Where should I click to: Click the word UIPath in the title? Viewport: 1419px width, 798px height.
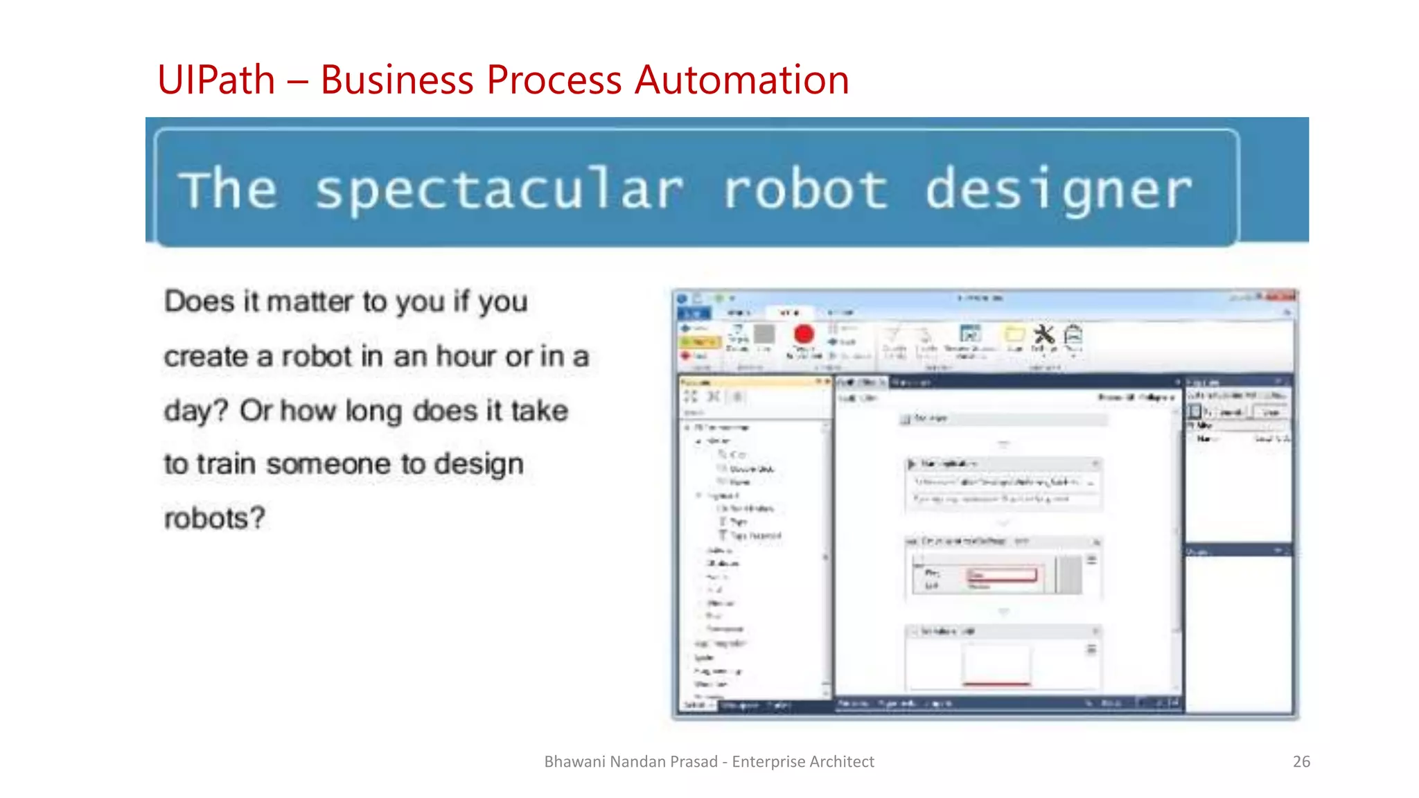point(216,80)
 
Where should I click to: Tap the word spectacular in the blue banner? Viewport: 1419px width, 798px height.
point(499,190)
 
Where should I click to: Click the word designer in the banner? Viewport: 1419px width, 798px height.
point(1059,190)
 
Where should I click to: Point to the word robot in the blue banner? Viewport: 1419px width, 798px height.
point(805,190)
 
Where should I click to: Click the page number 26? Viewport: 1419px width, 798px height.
point(1301,761)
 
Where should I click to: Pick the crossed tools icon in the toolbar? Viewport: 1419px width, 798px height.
point(1043,335)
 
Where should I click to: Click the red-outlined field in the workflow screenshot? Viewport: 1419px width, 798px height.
point(1002,575)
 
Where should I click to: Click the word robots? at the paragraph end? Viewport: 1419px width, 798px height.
point(215,518)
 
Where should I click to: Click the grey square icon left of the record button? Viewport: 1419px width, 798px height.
point(764,335)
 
